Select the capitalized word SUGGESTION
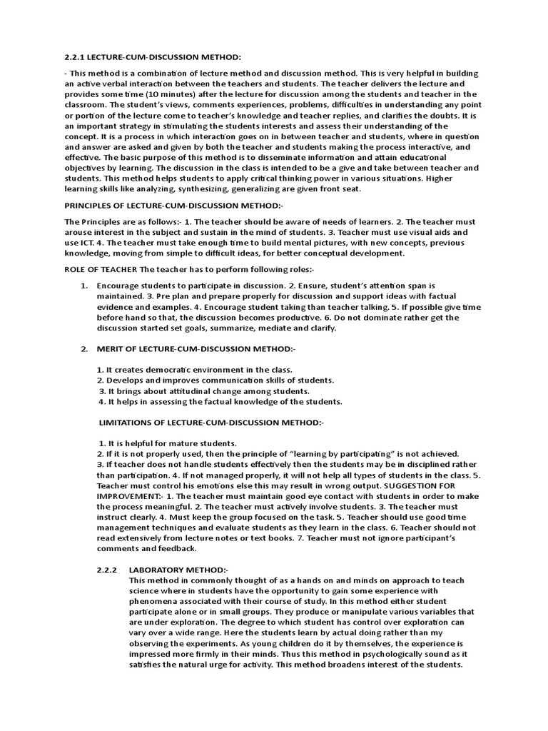pyautogui.click(x=419, y=485)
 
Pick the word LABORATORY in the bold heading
pyautogui.click(x=157, y=570)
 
